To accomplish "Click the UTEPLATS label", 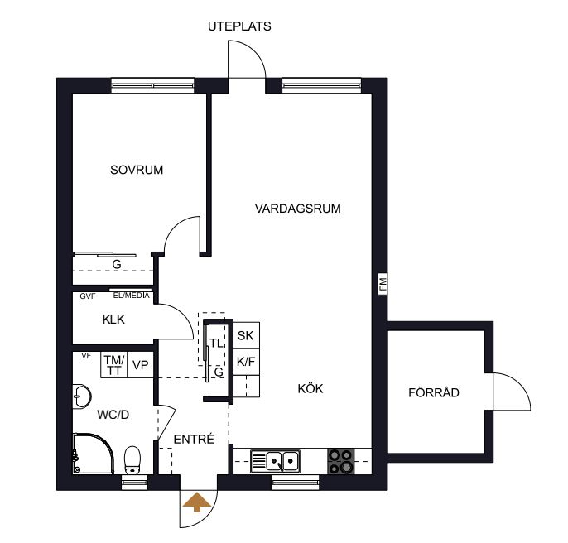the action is pyautogui.click(x=239, y=26).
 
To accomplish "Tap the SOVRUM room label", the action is pyautogui.click(x=137, y=170).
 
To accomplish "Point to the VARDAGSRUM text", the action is pyautogui.click(x=298, y=209).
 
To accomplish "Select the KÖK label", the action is pyautogui.click(x=310, y=388).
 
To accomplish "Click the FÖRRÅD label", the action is pyautogui.click(x=434, y=392).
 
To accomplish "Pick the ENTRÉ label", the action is pyautogui.click(x=194, y=439).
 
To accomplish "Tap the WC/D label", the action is pyautogui.click(x=113, y=415).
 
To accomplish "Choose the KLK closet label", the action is pyautogui.click(x=113, y=320).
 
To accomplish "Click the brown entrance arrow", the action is pyautogui.click(x=197, y=502).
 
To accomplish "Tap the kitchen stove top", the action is pyautogui.click(x=341, y=461).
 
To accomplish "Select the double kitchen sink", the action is pyautogui.click(x=275, y=462).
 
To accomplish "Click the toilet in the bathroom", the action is pyautogui.click(x=132, y=460).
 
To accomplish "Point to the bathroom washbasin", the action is pyautogui.click(x=81, y=396).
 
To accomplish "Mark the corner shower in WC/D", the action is pyautogui.click(x=93, y=454).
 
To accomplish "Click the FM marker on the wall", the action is pyautogui.click(x=383, y=284).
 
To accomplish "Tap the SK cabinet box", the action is pyautogui.click(x=246, y=335).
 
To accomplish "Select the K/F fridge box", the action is pyautogui.click(x=246, y=362).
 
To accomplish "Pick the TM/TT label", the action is pyautogui.click(x=114, y=365).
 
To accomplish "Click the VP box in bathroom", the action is pyautogui.click(x=141, y=365).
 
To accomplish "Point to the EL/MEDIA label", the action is pyautogui.click(x=131, y=296).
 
